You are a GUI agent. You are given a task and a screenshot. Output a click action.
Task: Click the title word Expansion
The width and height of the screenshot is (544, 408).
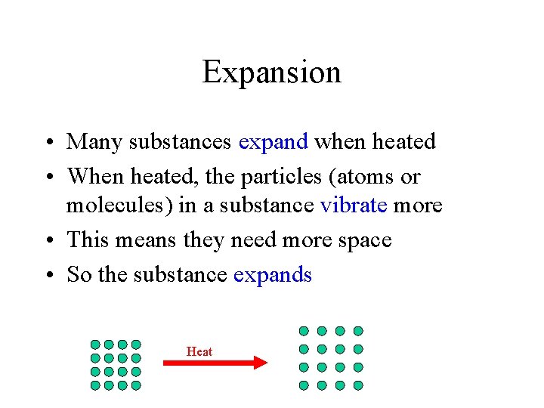click(x=271, y=73)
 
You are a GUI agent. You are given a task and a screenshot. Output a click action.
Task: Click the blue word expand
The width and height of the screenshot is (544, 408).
click(x=273, y=142)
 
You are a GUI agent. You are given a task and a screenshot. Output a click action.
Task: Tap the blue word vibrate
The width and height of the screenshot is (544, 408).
click(x=353, y=206)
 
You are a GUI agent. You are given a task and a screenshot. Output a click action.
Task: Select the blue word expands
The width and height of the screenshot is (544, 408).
click(x=273, y=275)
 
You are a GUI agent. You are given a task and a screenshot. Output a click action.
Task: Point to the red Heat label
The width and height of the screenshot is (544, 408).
click(x=199, y=351)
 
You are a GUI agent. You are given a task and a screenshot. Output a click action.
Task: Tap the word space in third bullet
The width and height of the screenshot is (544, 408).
click(x=366, y=240)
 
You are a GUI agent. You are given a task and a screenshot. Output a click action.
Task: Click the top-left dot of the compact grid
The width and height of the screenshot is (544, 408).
click(x=96, y=345)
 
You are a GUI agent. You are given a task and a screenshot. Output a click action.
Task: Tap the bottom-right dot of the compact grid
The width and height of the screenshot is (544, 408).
click(x=136, y=385)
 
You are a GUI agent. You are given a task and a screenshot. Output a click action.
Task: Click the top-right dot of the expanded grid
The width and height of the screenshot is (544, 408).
click(x=358, y=331)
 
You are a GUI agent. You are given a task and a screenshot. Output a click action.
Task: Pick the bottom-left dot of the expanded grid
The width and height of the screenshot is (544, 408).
click(x=304, y=385)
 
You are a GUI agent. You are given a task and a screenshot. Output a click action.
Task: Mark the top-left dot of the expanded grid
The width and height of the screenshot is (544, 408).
click(x=304, y=331)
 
